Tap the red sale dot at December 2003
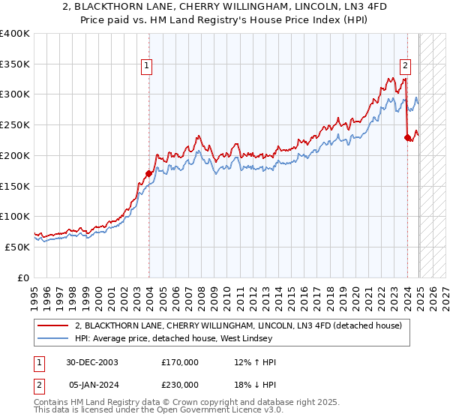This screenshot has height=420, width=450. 148,173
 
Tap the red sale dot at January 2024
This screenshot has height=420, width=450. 407,136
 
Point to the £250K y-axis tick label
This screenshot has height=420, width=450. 15,124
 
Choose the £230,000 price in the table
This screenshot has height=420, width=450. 180,386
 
